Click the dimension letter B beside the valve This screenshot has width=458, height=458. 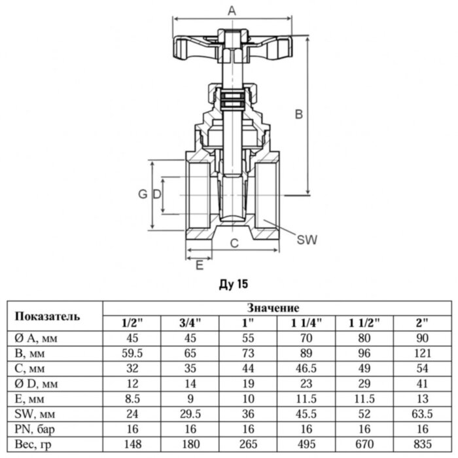click(298, 114)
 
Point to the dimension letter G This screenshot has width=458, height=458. click(141, 194)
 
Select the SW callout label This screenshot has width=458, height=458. click(306, 240)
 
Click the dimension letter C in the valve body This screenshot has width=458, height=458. click(234, 243)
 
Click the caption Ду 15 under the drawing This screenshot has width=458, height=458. click(232, 284)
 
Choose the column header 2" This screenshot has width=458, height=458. click(422, 323)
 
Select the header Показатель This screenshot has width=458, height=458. click(48, 316)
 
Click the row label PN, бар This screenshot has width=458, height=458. click(34, 429)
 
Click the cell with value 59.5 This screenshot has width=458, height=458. click(133, 354)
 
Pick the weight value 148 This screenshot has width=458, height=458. click(133, 444)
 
